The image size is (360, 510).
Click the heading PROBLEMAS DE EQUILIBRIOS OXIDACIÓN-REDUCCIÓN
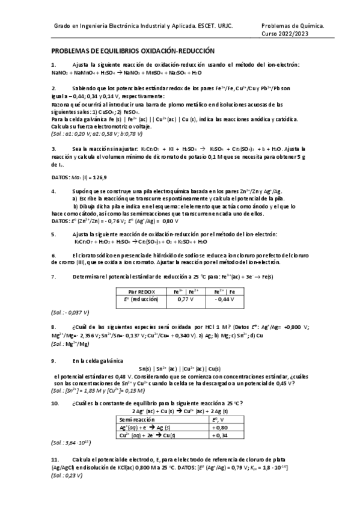coord(133,52)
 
